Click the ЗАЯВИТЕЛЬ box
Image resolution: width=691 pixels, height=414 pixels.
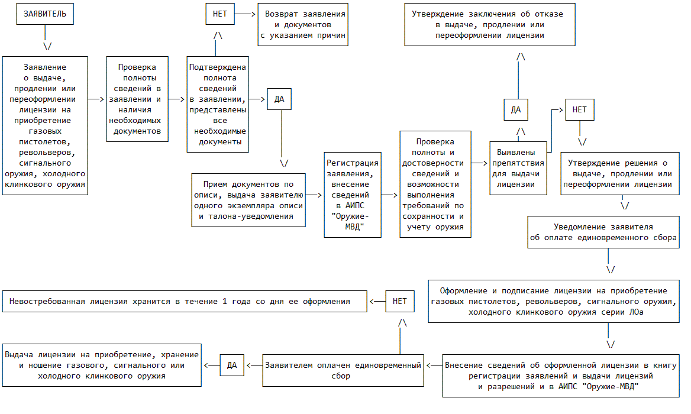(x=44, y=14)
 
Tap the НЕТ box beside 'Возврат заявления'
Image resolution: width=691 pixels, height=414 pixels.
(x=220, y=13)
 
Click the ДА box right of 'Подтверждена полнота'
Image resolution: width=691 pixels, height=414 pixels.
(x=279, y=99)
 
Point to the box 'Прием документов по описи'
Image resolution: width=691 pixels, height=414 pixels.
(x=248, y=200)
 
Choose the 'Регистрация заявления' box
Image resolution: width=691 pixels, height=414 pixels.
(x=353, y=195)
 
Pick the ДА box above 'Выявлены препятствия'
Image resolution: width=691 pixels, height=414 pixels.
(x=516, y=110)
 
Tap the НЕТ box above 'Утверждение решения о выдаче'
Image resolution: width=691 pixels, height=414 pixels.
(x=580, y=110)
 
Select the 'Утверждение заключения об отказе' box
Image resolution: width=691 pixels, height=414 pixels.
(x=490, y=24)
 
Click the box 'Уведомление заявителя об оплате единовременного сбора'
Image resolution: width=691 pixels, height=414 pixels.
(x=603, y=232)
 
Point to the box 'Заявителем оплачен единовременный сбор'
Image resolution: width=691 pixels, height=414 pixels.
(x=343, y=370)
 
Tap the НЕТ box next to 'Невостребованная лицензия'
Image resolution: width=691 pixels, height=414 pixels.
(x=400, y=301)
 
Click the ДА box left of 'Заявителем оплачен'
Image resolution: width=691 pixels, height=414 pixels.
(x=232, y=365)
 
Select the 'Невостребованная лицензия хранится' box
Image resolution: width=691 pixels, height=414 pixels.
(x=185, y=301)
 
